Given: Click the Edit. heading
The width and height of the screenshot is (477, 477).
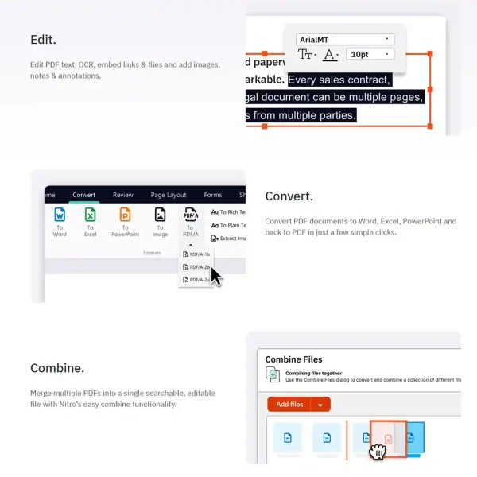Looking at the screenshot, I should coord(44,39).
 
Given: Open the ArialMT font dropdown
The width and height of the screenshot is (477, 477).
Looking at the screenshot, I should coord(344,38).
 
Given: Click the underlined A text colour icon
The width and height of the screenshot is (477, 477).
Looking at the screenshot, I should coord(332,54).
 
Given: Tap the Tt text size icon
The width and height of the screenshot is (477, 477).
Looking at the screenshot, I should coord(306,54).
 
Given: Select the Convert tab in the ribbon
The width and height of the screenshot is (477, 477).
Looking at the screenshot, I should coord(83,195).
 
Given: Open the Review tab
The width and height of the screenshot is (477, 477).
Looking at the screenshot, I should coord(123,195).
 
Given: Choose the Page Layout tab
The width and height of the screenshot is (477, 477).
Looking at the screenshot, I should coord(169,195).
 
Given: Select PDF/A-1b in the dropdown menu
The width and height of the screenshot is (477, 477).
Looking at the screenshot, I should coord(196,254).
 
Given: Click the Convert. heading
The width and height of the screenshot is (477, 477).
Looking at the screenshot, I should coord(289,196).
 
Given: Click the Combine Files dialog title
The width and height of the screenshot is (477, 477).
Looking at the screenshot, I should coord(293,359).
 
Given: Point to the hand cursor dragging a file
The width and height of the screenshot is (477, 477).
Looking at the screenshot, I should coord(378,451).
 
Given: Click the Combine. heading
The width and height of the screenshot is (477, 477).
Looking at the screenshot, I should coord(57,368).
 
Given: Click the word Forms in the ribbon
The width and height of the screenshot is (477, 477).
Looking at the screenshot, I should coord(212,195).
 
